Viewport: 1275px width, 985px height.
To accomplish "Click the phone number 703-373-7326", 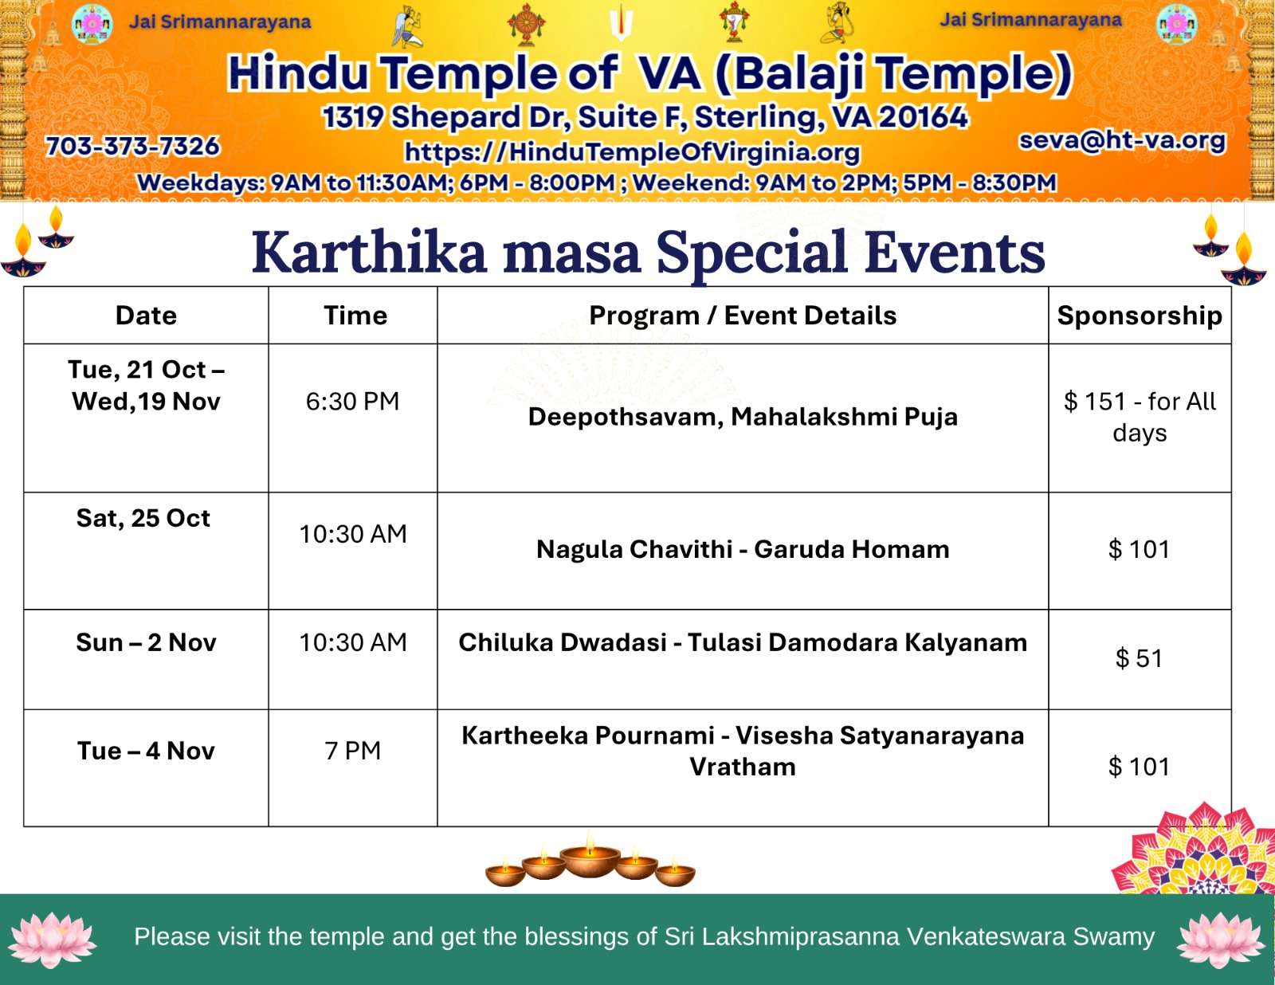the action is [133, 146].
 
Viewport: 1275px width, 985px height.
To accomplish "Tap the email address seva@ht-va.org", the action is [1122, 141].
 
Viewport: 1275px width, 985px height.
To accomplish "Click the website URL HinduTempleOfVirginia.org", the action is [632, 152].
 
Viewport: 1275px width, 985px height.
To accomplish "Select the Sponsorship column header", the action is [1140, 316].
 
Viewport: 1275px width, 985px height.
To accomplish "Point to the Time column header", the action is [355, 316].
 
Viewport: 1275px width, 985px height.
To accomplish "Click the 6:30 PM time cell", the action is [353, 402].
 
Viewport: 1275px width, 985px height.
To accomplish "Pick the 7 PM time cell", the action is [353, 751].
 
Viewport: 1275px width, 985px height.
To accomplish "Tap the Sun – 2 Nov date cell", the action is [146, 642].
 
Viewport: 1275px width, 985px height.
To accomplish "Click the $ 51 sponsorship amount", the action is [1139, 658].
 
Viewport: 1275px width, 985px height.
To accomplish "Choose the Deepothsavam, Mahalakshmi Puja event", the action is [743, 417].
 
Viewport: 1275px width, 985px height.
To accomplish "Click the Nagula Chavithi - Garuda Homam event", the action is [743, 550].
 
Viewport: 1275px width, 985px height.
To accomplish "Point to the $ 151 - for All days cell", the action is [1140, 417].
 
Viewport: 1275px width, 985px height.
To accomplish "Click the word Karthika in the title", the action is [370, 253].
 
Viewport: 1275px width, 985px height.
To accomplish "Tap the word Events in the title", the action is [955, 253].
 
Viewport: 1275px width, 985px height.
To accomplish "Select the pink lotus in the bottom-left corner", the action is [52, 940].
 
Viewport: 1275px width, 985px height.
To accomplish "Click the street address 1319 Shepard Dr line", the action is [645, 116].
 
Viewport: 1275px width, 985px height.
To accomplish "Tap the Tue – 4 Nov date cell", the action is [146, 751].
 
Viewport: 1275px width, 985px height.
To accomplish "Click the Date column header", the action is [146, 316].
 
